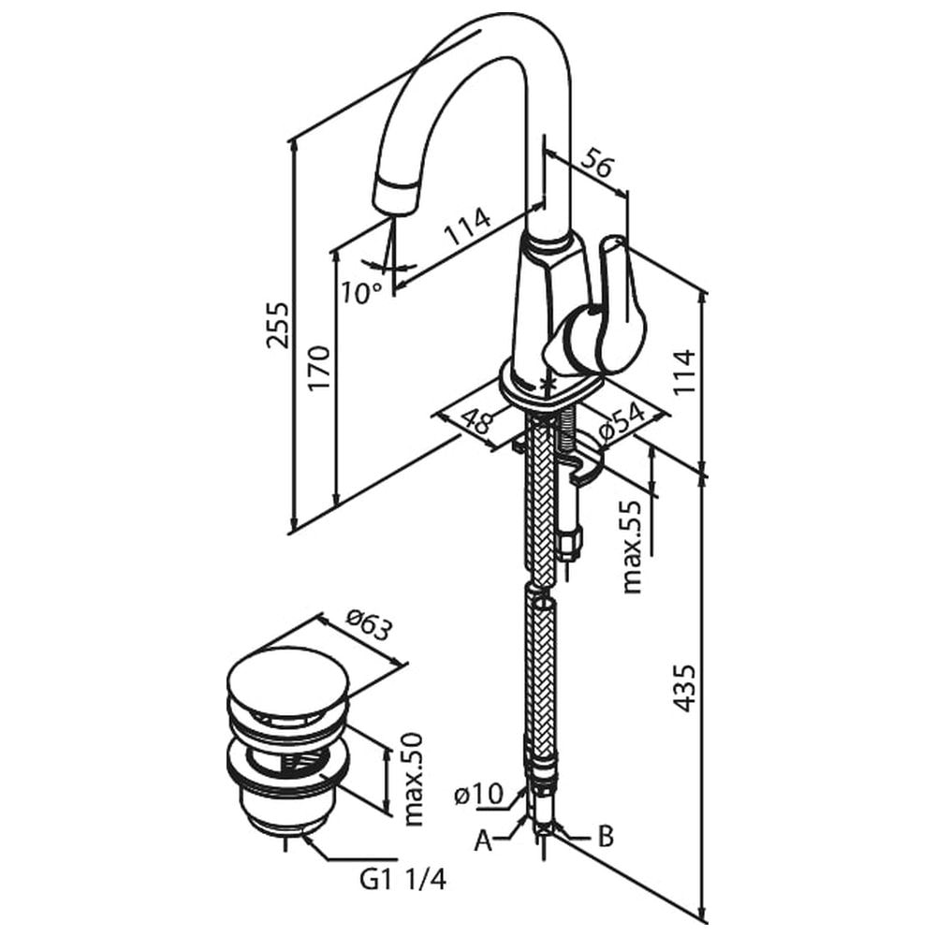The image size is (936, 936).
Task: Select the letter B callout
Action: (606, 836)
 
